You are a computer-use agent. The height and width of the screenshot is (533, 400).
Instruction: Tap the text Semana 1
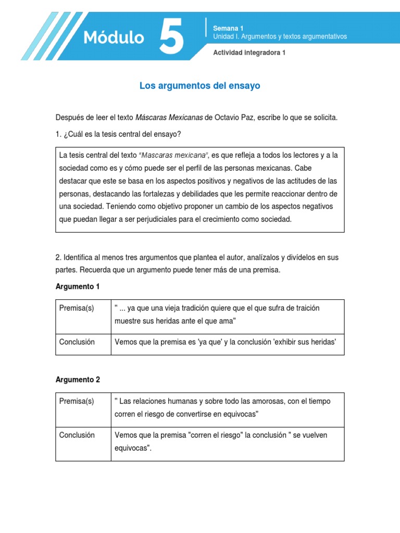coord(228,28)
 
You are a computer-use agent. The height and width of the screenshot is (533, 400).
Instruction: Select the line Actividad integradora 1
coord(249,53)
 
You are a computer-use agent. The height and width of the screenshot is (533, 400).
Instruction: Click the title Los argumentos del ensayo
coord(199,86)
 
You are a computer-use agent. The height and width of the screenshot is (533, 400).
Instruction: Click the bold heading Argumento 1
coord(77,287)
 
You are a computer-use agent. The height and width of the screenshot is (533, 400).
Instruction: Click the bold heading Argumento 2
coord(77,380)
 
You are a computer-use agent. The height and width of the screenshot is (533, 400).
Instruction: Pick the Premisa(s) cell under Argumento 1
coord(77,308)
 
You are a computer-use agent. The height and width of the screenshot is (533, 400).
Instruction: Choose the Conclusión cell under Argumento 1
coord(77,342)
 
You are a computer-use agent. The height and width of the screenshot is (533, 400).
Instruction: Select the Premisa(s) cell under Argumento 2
coord(77,401)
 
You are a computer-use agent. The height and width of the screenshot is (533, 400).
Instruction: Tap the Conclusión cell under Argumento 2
coord(77,435)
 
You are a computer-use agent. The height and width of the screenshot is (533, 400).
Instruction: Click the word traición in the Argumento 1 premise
coord(306,308)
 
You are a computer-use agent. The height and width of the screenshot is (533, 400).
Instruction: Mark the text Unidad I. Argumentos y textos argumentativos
coord(280,36)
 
